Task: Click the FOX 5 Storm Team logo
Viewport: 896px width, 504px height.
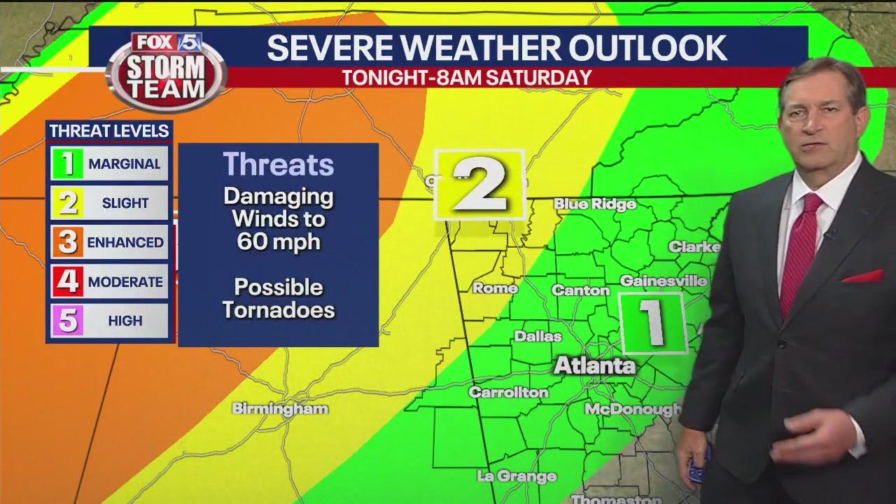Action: pos(167,70)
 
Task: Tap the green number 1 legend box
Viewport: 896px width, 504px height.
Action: pos(68,164)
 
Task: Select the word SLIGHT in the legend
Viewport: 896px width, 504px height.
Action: pos(125,203)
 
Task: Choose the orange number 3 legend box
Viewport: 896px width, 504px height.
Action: pos(68,242)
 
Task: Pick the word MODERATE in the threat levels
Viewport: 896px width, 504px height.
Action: pos(125,282)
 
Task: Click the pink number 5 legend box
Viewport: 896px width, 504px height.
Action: pos(68,321)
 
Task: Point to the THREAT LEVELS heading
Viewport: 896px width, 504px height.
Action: pos(109,131)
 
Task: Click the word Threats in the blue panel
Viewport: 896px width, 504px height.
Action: pos(279,165)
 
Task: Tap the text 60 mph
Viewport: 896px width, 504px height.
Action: pos(279,242)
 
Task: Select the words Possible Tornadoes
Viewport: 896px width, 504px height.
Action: pos(279,298)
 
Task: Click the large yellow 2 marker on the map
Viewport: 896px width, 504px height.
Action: pos(479,185)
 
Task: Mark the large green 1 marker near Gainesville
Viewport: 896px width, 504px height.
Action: pos(653,323)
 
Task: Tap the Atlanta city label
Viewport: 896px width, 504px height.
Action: pos(595,365)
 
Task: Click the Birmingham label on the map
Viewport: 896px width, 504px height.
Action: pos(280,409)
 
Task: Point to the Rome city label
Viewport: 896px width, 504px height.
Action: pos(495,288)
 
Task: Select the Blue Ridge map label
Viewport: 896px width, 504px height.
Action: pos(595,204)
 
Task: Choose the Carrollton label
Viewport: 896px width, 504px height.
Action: pos(508,393)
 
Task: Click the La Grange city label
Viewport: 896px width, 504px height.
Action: pos(517,477)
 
